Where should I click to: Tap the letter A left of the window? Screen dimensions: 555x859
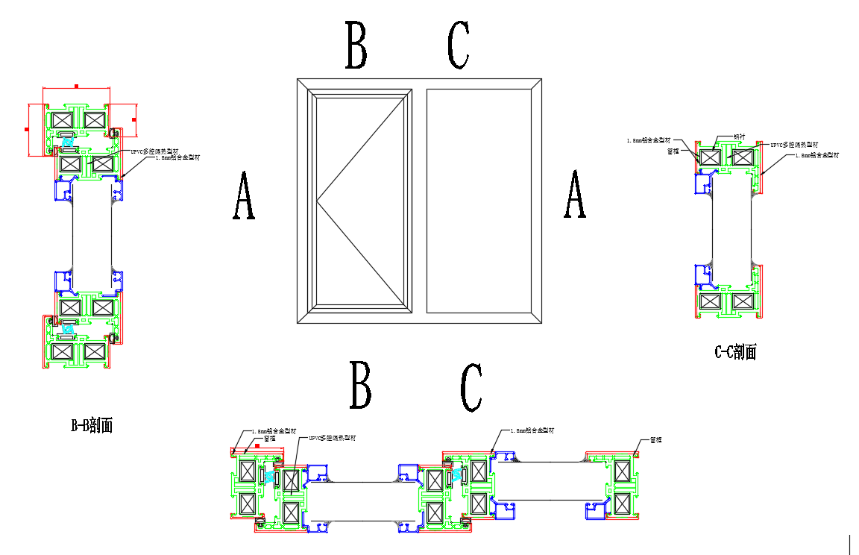(244, 195)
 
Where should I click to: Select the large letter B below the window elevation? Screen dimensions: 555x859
(361, 386)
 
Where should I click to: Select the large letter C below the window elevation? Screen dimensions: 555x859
(471, 388)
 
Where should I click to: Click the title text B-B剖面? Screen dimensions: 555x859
(92, 426)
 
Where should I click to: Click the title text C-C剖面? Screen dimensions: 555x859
(735, 352)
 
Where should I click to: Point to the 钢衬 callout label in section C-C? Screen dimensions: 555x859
(739, 137)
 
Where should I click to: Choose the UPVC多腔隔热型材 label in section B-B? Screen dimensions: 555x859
(154, 151)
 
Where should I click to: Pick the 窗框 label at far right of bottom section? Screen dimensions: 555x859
(656, 439)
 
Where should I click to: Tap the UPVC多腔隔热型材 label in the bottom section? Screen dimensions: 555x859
(332, 438)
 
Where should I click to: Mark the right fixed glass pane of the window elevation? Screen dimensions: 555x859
(478, 201)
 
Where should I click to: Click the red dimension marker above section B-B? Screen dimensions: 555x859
(76, 87)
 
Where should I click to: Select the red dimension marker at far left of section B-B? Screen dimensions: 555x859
(26, 129)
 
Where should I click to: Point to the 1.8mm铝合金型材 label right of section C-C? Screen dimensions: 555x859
(817, 155)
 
